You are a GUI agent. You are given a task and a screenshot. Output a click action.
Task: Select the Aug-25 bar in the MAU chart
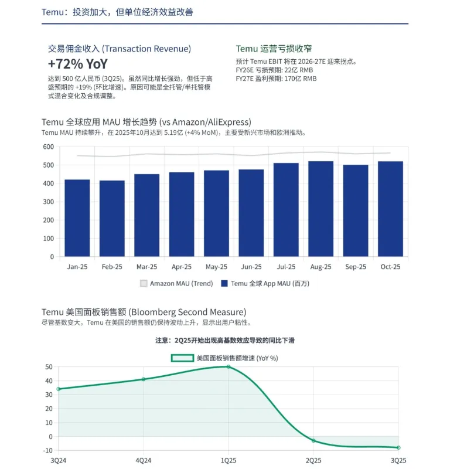click(x=320, y=209)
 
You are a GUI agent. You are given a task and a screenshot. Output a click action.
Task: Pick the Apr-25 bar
click(x=182, y=214)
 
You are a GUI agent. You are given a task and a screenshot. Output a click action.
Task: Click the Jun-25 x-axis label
click(x=251, y=266)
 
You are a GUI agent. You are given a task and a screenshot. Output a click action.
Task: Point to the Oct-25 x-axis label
click(x=390, y=266)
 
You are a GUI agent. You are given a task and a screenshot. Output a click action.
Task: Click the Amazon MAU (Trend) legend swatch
click(x=144, y=284)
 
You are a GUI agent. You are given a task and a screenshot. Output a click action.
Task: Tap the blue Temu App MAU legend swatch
click(x=224, y=284)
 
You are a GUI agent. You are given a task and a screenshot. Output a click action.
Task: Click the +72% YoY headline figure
click(x=78, y=64)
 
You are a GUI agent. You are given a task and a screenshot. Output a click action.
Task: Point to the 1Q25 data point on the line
click(x=228, y=366)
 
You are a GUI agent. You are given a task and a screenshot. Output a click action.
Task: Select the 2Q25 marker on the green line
click(x=313, y=440)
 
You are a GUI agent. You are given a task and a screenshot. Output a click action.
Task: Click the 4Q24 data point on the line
click(x=143, y=379)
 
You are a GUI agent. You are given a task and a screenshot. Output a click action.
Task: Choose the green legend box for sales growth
click(x=182, y=358)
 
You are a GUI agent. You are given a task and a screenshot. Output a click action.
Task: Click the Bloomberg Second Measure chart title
click(x=144, y=312)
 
